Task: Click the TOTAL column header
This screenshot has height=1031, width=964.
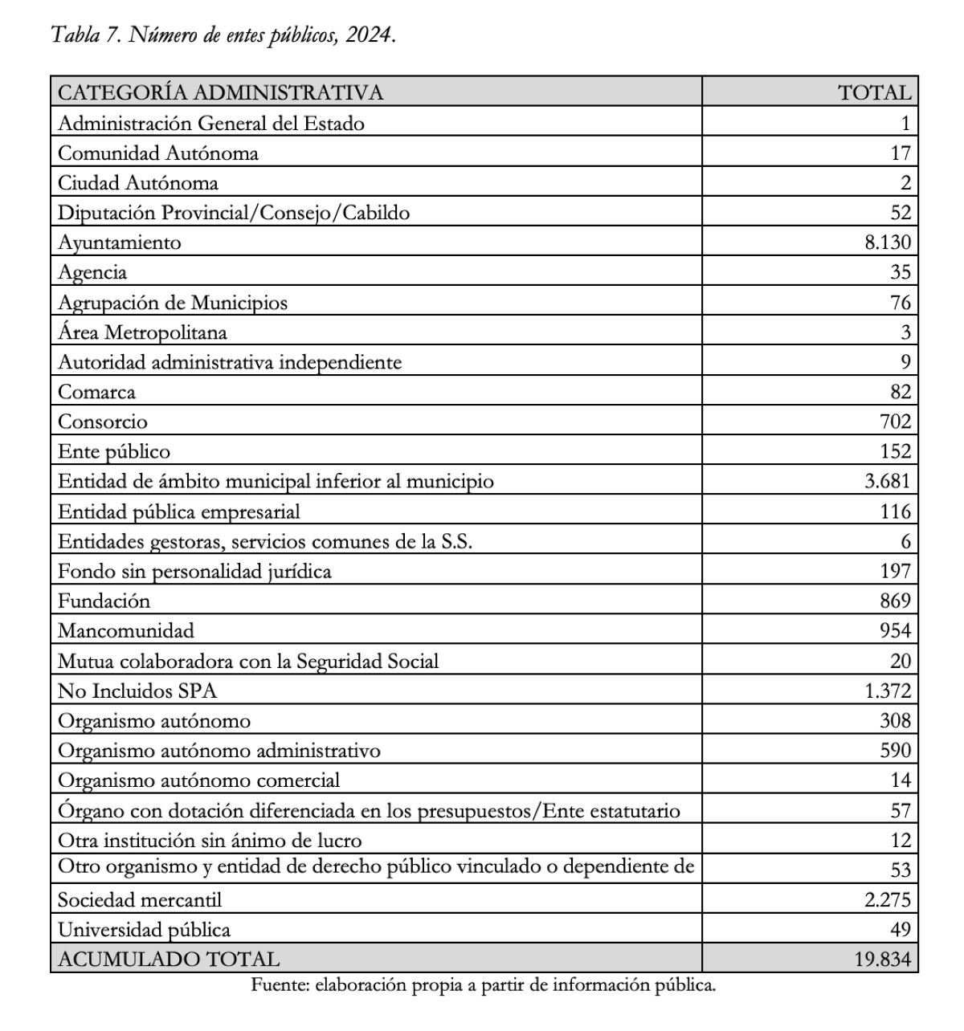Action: (x=874, y=92)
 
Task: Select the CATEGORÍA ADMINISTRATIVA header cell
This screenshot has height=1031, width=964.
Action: (x=220, y=92)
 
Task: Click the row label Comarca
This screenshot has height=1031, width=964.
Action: (x=96, y=392)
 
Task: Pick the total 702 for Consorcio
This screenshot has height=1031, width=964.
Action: (x=895, y=422)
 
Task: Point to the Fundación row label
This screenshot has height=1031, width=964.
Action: (x=104, y=601)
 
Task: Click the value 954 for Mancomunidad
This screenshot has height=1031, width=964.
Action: (x=895, y=630)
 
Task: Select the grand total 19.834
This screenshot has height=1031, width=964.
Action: (x=882, y=959)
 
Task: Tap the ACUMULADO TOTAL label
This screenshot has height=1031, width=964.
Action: (x=169, y=959)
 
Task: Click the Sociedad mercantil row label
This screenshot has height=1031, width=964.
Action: (x=139, y=899)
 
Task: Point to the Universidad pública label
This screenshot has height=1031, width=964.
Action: (x=144, y=930)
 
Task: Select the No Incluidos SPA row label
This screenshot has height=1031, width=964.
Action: (x=137, y=691)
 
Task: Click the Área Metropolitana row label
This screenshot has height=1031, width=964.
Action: (x=142, y=332)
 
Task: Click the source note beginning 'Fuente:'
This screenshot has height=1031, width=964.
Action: (x=483, y=985)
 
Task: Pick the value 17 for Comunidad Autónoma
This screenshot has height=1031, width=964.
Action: (x=901, y=153)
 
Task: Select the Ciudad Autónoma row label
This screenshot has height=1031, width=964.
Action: (x=137, y=182)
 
